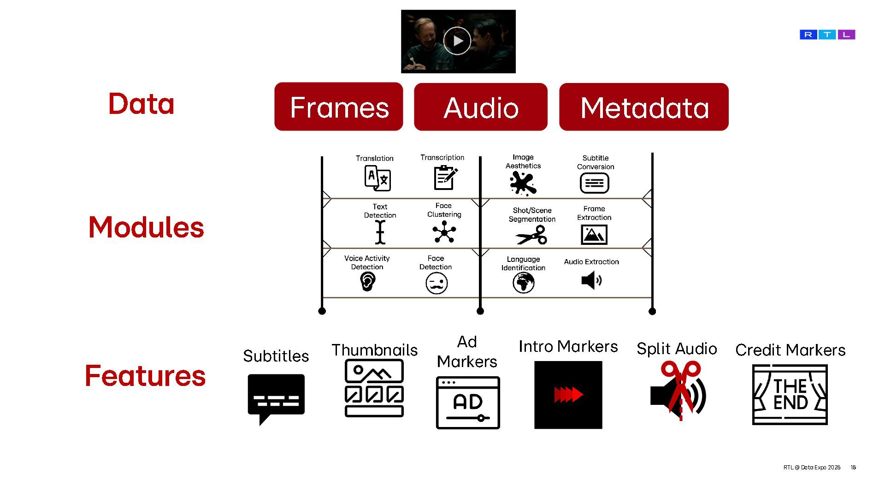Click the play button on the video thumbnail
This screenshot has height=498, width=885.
[x=457, y=41]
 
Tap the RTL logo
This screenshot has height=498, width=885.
[x=827, y=35]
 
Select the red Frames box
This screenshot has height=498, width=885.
[x=338, y=107]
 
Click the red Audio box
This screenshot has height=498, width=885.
[x=480, y=107]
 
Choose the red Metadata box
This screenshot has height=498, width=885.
[x=643, y=107]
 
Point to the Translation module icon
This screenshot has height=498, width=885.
[x=378, y=178]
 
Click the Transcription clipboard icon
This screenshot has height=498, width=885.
[x=445, y=178]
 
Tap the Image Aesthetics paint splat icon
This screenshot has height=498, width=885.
[x=523, y=183]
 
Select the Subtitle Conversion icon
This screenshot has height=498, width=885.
[x=594, y=183]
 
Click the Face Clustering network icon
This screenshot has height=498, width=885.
[x=444, y=231]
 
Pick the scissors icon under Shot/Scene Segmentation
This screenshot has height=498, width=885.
[x=531, y=235]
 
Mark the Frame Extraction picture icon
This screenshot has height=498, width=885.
[x=594, y=234]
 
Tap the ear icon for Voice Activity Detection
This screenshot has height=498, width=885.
[x=367, y=281]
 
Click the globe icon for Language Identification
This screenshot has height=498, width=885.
[x=523, y=282]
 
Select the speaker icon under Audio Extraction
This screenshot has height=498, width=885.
[x=591, y=280]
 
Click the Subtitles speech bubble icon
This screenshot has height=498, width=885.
[x=276, y=398]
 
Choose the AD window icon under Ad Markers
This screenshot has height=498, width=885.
[x=467, y=403]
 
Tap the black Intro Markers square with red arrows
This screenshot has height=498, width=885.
[x=568, y=395]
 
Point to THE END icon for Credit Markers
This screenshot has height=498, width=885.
[x=790, y=395]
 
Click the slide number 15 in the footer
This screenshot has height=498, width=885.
[x=853, y=467]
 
